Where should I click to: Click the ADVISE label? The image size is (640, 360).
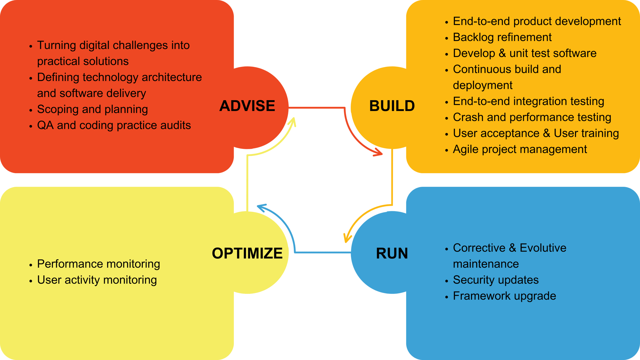247,106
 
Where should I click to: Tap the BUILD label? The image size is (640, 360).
392,106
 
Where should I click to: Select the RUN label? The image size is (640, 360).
392,253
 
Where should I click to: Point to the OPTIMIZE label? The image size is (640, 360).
247,253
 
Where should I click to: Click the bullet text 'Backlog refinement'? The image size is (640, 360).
502,37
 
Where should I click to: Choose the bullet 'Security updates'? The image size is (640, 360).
496,280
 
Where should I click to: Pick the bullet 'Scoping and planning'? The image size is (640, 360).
92,109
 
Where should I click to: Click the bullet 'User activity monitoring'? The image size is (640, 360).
97,280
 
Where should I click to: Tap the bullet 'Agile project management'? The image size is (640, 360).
520,149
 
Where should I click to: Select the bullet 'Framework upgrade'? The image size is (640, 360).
504,296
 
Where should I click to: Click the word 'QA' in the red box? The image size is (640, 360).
45,125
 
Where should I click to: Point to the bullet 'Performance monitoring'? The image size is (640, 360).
99,264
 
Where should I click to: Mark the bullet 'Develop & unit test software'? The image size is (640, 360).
524,53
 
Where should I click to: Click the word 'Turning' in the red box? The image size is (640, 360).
56,45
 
